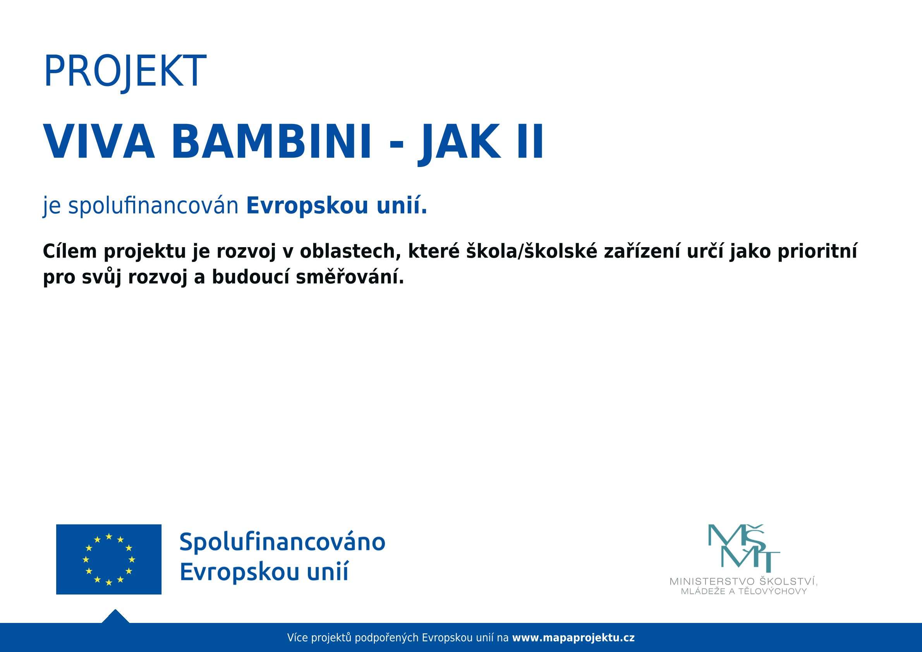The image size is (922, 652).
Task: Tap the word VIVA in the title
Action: point(99,142)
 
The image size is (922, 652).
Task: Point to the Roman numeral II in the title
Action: point(530,142)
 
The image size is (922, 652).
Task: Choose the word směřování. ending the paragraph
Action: point(350,278)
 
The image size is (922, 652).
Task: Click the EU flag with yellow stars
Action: point(108,559)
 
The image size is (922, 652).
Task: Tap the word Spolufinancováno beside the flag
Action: point(282,542)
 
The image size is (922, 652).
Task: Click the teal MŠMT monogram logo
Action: point(744,548)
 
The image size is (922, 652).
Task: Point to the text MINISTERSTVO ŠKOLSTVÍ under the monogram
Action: point(743,581)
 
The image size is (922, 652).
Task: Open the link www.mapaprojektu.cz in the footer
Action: point(573,638)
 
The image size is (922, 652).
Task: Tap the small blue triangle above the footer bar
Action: point(115,617)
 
